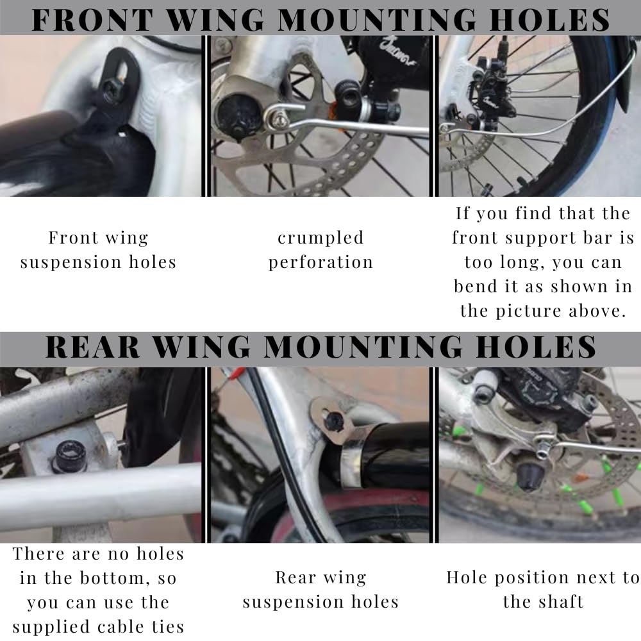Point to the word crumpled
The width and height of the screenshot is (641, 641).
coord(320,238)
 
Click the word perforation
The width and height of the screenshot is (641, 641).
coord(320,262)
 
